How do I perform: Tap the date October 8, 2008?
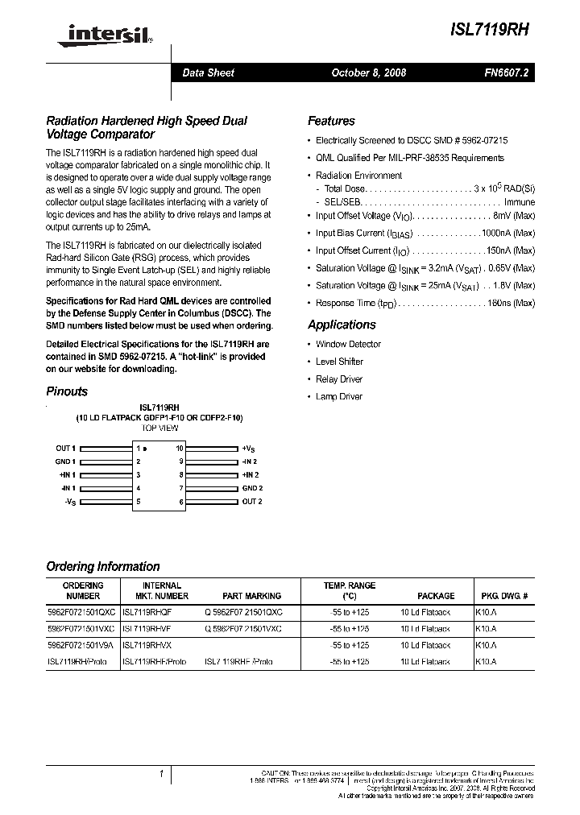[x=369, y=72]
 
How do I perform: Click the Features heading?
[x=331, y=121]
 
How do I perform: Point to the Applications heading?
[x=342, y=325]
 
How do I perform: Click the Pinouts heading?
[x=67, y=391]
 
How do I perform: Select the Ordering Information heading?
[x=103, y=566]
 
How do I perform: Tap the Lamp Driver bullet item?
[x=338, y=396]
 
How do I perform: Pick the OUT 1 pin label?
[x=65, y=448]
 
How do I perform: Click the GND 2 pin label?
[x=252, y=488]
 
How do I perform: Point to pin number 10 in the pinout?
[x=180, y=448]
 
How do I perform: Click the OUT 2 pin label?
[x=252, y=502]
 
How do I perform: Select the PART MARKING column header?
[x=252, y=596]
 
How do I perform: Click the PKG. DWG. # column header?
[x=504, y=596]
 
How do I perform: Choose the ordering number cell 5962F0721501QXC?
[x=81, y=612]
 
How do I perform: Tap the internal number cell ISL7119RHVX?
[x=147, y=646]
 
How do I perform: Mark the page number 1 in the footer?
[x=161, y=775]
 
